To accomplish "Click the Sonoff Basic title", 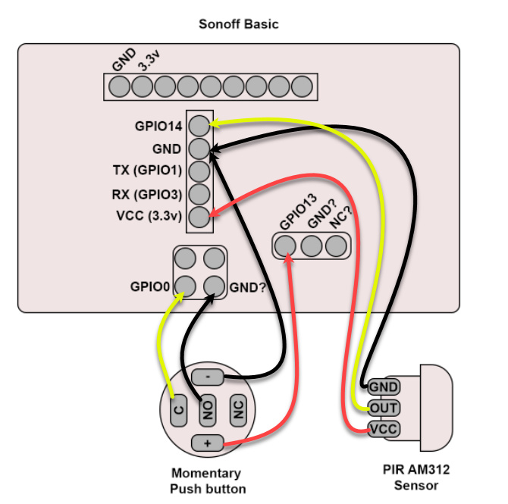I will pyautogui.click(x=238, y=23).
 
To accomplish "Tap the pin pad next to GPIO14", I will pyautogui.click(x=199, y=124).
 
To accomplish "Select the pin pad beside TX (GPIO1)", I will pyautogui.click(x=199, y=171).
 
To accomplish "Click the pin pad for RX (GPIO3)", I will pyautogui.click(x=199, y=194).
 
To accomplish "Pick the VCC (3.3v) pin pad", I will pyautogui.click(x=199, y=217).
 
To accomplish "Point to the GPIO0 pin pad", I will pyautogui.click(x=185, y=286).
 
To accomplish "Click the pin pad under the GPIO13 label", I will pyautogui.click(x=286, y=246).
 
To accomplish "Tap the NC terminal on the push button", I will pyautogui.click(x=238, y=410).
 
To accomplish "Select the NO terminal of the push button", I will pyautogui.click(x=209, y=410).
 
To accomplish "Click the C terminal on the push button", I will pyautogui.click(x=179, y=410).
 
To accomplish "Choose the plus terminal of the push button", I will pyautogui.click(x=208, y=443).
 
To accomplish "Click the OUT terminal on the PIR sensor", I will pyautogui.click(x=384, y=409).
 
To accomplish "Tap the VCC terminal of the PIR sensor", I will pyautogui.click(x=384, y=430).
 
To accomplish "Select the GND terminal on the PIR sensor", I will pyautogui.click(x=384, y=387).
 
